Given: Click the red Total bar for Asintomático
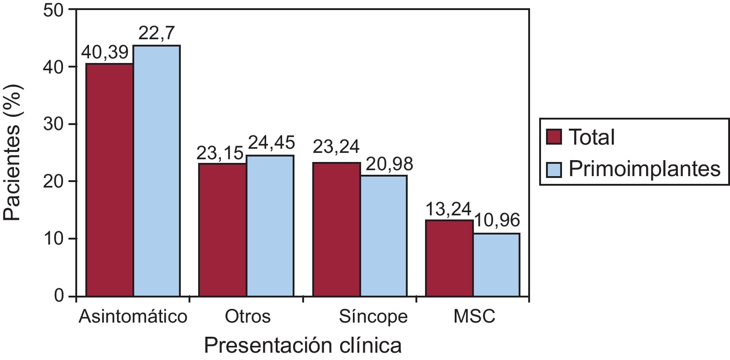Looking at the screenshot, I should (x=110, y=180).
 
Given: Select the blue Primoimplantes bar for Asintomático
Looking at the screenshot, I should (x=157, y=171).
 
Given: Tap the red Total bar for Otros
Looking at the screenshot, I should (x=222, y=230).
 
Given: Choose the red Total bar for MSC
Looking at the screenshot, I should (x=449, y=258).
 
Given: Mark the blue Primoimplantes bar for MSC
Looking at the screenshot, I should (x=496, y=265).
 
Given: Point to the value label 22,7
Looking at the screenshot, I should (x=156, y=33).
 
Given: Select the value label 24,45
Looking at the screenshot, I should (x=271, y=143).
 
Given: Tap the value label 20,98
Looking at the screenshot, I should (x=389, y=164).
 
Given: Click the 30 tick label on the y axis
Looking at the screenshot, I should (x=53, y=125).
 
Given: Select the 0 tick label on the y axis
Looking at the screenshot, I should (x=59, y=297).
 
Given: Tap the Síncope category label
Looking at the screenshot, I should (x=373, y=317).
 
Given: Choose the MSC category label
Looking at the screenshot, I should (x=474, y=317).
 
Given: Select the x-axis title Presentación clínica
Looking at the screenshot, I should (x=303, y=345).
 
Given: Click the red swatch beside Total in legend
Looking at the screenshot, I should (x=554, y=137).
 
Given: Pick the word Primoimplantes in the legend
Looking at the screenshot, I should (x=644, y=169).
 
